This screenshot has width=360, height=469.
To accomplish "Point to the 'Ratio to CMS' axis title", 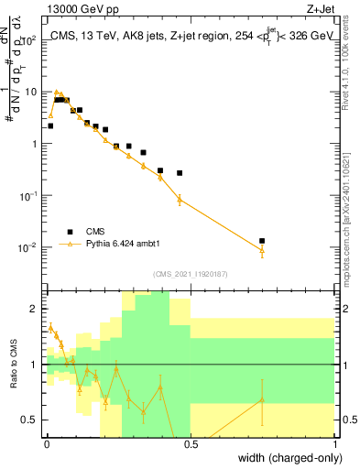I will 11,365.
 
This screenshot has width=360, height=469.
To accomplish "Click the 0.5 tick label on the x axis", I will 191,444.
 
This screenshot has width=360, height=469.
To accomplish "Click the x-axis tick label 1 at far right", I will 335,444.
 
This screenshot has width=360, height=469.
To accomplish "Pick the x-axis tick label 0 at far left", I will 47,444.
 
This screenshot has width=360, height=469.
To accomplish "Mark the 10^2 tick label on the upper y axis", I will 29,40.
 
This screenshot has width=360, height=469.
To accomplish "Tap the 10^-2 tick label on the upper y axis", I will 29,248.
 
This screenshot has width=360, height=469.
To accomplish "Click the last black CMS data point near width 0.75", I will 262,241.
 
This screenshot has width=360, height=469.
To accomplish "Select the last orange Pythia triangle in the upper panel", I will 262,250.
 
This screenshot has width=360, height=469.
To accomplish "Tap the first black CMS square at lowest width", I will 50,125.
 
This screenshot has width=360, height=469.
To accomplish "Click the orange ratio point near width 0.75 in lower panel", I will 262,399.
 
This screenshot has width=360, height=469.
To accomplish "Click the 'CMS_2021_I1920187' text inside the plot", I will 190,274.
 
